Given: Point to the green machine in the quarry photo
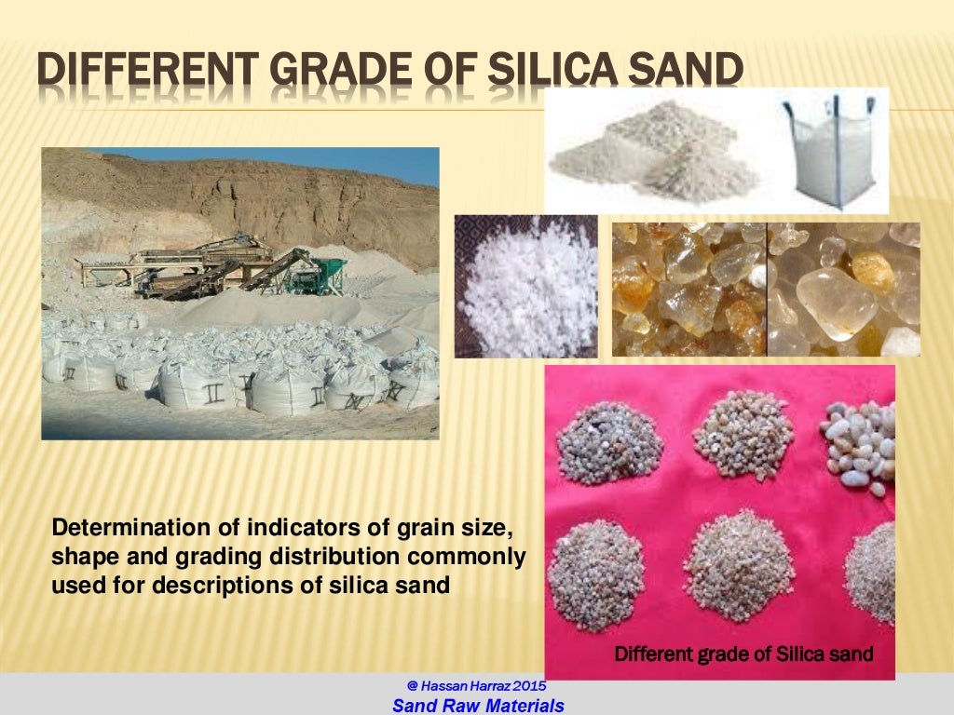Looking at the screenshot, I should [327, 276].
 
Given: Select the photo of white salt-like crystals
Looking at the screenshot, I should [525, 286].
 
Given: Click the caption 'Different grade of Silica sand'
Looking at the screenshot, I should [743, 654].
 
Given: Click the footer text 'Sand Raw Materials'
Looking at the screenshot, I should [478, 706].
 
